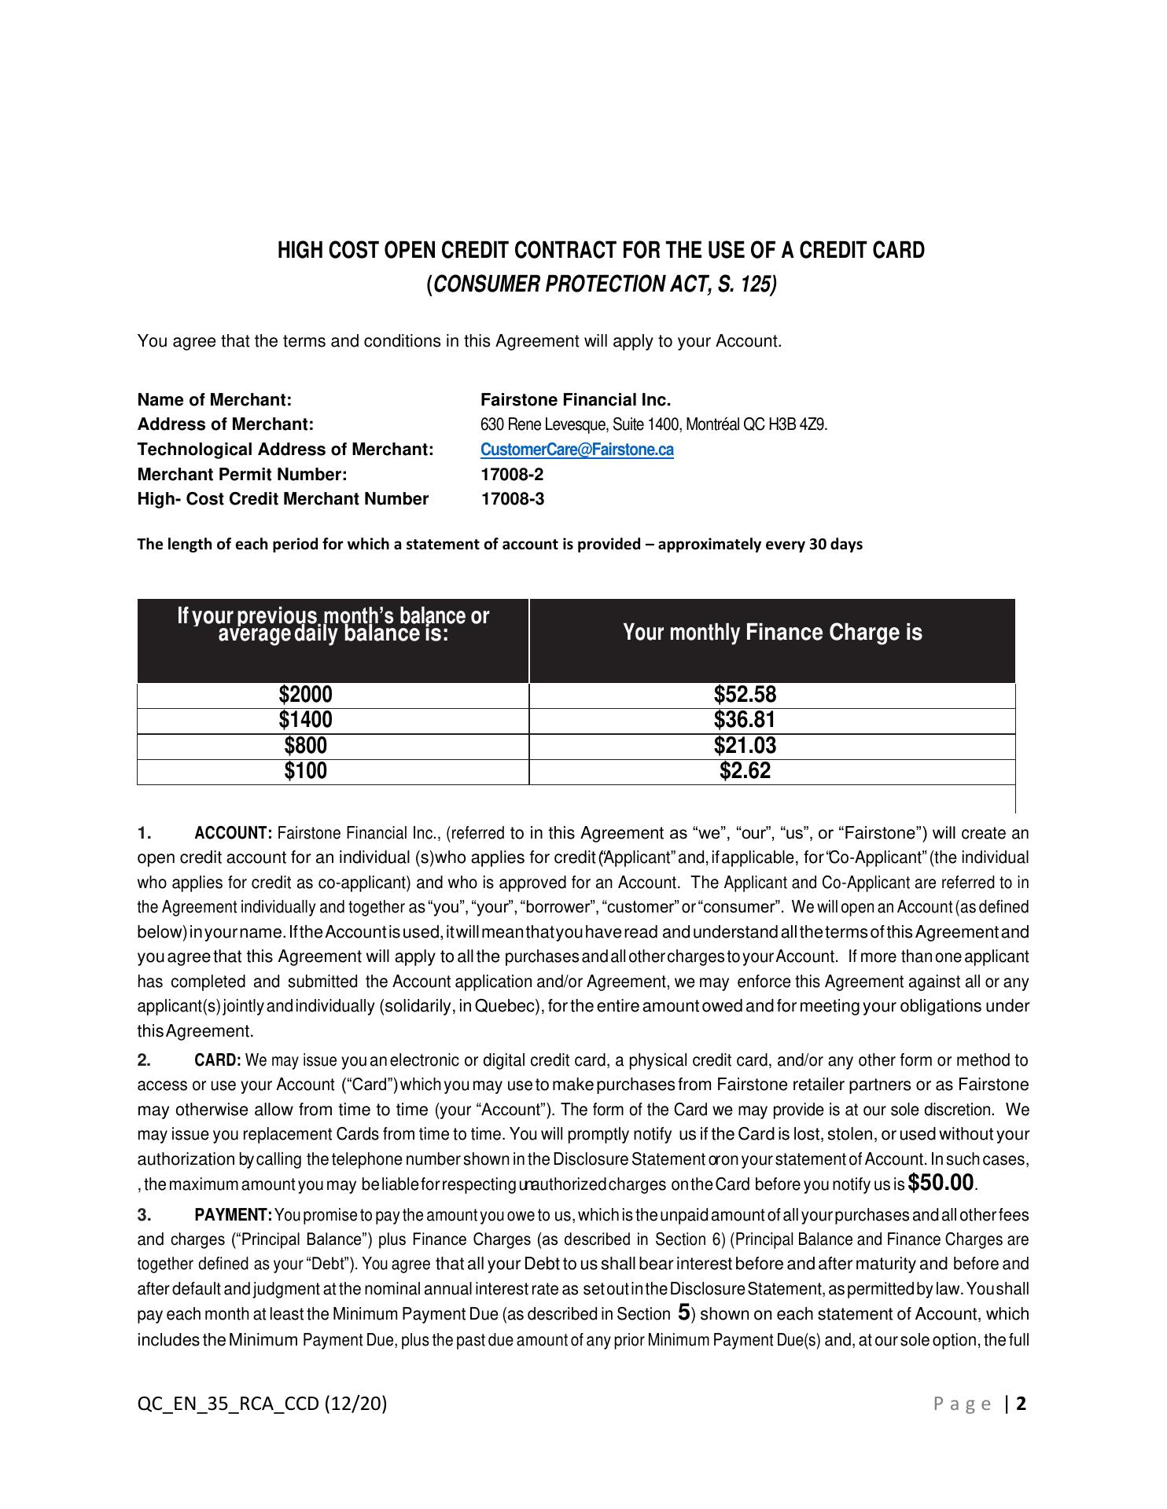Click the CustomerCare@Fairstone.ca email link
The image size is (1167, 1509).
click(576, 450)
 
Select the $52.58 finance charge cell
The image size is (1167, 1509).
click(745, 695)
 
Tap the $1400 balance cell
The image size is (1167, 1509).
click(305, 720)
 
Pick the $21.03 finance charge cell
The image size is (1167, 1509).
click(745, 745)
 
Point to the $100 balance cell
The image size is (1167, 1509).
click(305, 771)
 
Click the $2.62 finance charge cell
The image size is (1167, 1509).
click(745, 771)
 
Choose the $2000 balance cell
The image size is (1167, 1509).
click(305, 695)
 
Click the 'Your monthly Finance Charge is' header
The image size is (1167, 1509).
click(772, 633)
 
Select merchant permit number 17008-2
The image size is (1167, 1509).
click(512, 475)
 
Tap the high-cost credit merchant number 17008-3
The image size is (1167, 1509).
click(512, 499)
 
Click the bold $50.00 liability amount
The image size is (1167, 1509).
click(941, 1182)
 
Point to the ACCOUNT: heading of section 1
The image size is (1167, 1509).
click(233, 833)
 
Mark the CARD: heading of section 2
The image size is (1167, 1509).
click(218, 1060)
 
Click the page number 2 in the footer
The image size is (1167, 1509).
click(1022, 1404)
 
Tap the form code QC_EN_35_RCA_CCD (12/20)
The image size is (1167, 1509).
click(262, 1404)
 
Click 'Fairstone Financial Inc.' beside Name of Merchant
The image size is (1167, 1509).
click(576, 400)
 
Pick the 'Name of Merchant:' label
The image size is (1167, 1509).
click(214, 400)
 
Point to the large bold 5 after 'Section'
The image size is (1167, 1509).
click(683, 1313)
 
